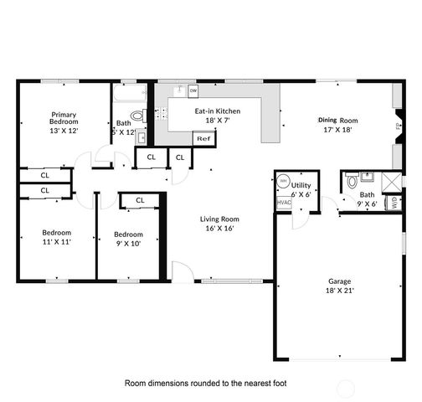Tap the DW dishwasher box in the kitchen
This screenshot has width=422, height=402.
(193, 90)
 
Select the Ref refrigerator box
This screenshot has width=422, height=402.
(203, 139)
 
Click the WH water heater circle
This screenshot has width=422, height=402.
(283, 181)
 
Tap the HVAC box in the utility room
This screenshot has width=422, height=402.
(284, 202)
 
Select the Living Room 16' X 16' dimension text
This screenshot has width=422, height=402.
(216, 228)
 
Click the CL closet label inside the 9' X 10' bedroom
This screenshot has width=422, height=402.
(140, 200)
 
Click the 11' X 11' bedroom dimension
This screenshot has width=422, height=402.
(57, 241)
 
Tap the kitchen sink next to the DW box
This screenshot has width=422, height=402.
(178, 90)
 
